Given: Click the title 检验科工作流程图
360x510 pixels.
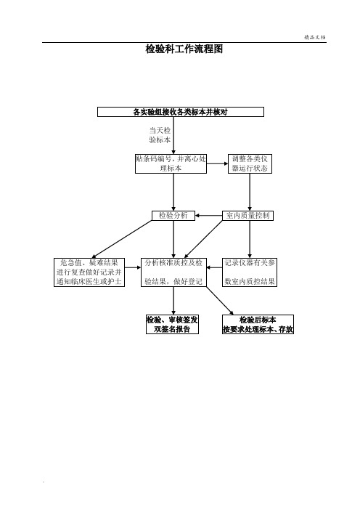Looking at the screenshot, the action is (x=184, y=49).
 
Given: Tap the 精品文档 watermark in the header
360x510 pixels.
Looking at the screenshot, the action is (x=315, y=37).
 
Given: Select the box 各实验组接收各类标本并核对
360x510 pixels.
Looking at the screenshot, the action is (x=181, y=112).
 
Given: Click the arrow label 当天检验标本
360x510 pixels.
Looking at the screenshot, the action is (x=160, y=135).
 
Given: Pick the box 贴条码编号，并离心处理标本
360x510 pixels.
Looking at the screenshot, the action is (x=171, y=163).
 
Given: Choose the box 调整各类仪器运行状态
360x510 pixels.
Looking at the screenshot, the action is (x=250, y=163).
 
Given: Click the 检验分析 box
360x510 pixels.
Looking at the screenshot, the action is (x=173, y=216).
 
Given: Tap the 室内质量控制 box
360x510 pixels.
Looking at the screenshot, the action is (x=248, y=216).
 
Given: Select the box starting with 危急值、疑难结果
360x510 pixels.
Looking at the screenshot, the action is (x=89, y=272).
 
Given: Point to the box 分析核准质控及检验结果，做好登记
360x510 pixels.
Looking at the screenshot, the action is (x=173, y=272).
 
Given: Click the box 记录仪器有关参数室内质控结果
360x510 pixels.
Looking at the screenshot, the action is (x=250, y=272).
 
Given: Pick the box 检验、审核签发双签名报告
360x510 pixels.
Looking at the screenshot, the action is (x=172, y=324).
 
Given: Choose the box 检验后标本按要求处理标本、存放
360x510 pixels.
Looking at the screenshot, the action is (x=258, y=324).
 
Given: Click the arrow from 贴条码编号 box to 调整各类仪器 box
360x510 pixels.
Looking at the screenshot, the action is (x=217, y=163).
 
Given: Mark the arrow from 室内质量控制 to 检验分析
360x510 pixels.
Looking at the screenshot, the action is (x=208, y=216).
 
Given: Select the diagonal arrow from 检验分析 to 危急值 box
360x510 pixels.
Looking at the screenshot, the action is (x=122, y=240).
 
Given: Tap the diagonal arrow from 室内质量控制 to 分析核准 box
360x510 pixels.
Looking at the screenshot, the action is (x=203, y=240).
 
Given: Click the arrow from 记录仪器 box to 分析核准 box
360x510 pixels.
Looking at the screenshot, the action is (x=214, y=267).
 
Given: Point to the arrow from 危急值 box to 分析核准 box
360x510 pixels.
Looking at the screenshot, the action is (x=133, y=267).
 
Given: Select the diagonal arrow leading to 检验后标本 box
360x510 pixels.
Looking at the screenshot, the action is (x=220, y=301).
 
